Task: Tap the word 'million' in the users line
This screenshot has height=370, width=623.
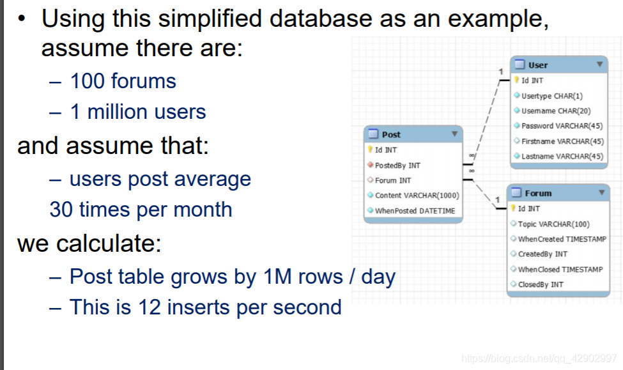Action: pyautogui.click(x=116, y=112)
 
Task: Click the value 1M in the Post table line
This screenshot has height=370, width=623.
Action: pyautogui.click(x=277, y=276)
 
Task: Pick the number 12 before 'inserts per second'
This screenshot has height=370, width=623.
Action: pyautogui.click(x=149, y=307)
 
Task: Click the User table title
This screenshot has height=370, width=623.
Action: pyautogui.click(x=538, y=65)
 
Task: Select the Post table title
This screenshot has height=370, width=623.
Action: pyautogui.click(x=391, y=135)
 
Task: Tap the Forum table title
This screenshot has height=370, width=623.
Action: pyautogui.click(x=538, y=194)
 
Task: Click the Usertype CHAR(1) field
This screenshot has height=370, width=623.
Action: pyautogui.click(x=552, y=96)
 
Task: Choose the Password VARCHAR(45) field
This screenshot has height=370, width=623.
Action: pyautogui.click(x=562, y=126)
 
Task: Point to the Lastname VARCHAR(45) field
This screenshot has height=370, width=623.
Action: pyautogui.click(x=562, y=157)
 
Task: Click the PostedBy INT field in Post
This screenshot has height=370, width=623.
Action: pyautogui.click(x=397, y=166)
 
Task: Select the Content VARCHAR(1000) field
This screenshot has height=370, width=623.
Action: pyautogui.click(x=417, y=196)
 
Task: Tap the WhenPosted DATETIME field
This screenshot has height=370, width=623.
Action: pyautogui.click(x=415, y=211)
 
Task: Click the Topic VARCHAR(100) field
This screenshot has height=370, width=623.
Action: pyautogui.click(x=553, y=224)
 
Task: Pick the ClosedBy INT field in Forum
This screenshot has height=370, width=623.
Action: pyautogui.click(x=541, y=284)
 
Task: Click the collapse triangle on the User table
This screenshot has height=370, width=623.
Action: pyautogui.click(x=599, y=64)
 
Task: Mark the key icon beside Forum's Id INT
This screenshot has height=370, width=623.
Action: pyautogui.click(x=513, y=208)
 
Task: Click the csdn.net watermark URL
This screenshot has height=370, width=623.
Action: pyautogui.click(x=539, y=358)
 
